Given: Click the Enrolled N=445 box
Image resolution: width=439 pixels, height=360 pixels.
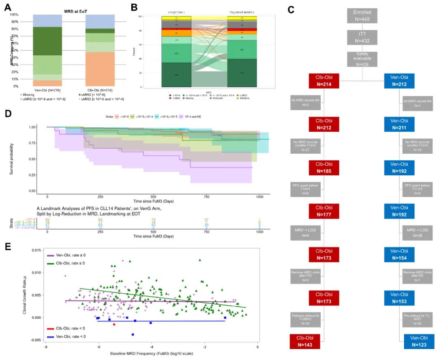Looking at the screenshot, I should [362, 15].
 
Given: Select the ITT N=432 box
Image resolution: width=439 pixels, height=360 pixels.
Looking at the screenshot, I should [362, 37].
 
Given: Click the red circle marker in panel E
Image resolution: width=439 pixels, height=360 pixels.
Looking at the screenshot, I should [114, 324].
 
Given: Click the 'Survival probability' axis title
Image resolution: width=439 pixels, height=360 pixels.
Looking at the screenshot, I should [24, 159].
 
